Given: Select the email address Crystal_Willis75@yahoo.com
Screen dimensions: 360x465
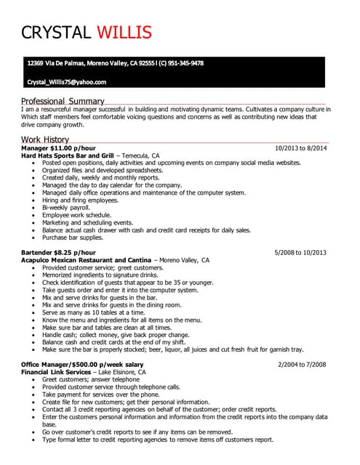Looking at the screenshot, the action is point(66,82).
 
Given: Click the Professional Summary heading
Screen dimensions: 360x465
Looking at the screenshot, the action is point(63,101).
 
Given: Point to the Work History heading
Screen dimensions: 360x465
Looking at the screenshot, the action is point(45,139).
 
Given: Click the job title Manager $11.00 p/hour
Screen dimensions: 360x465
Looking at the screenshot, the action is point(58,148).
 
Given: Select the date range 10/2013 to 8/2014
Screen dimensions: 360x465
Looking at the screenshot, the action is point(300,148).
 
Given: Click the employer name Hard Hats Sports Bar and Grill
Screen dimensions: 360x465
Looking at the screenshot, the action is point(68,155).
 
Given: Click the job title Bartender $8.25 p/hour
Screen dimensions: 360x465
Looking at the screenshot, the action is point(58,252).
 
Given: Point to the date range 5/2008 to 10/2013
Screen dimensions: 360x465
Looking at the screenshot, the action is point(300,252).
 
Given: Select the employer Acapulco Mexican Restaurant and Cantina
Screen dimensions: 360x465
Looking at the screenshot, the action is point(87,259).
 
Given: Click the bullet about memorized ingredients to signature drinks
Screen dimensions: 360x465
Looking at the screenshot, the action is point(100,275).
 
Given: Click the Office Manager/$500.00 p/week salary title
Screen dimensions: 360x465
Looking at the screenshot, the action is point(82,363).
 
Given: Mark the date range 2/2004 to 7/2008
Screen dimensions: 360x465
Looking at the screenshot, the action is point(302,363).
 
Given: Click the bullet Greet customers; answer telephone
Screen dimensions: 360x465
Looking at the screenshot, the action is point(90,379).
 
